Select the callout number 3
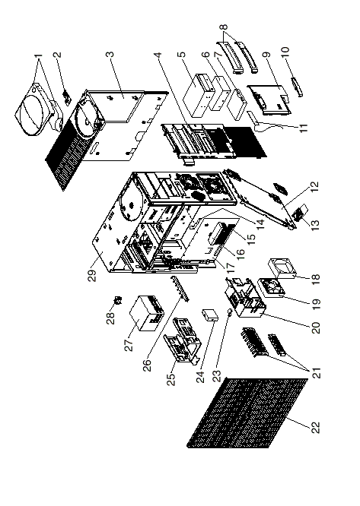[111, 53]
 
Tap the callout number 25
[171, 379]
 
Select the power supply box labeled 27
[147, 313]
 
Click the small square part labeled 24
[210, 315]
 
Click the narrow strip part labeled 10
[298, 87]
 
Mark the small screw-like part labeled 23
[230, 312]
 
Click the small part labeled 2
[67, 97]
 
